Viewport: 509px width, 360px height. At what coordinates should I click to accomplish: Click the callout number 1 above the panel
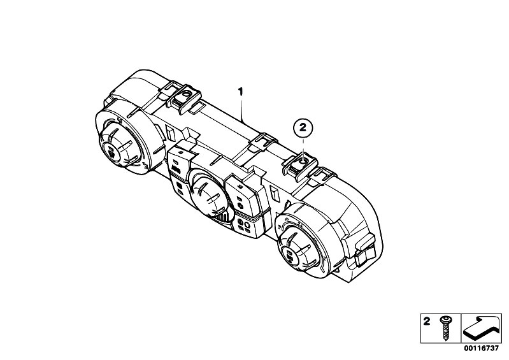click(x=240, y=92)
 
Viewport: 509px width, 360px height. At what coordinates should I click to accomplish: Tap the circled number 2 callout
click(x=303, y=127)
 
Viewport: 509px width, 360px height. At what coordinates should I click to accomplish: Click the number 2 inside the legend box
click(x=427, y=321)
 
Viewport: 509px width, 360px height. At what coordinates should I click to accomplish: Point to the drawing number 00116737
click(x=481, y=349)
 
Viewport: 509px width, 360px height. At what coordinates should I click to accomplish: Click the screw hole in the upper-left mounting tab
click(x=186, y=94)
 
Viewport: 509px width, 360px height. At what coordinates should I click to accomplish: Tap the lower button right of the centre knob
click(x=246, y=226)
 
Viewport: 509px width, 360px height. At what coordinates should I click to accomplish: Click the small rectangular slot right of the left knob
click(x=170, y=132)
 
